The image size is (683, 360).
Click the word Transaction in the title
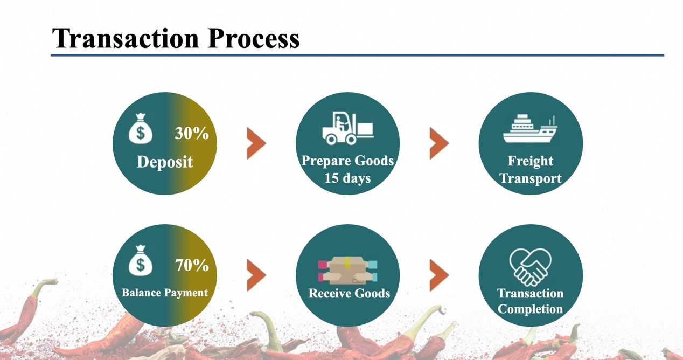point(126,38)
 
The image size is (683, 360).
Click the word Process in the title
point(253,38)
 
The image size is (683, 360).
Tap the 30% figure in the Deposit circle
point(192,133)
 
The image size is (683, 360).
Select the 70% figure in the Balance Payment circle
point(192,265)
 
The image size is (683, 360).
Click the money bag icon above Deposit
point(140,128)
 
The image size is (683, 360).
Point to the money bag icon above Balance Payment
point(140,260)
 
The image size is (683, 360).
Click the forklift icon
point(348,128)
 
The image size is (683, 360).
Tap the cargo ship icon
point(530,129)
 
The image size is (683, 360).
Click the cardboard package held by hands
point(347,271)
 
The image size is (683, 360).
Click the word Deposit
point(165,162)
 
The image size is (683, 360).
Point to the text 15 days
point(347,178)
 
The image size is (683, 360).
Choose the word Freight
point(530,161)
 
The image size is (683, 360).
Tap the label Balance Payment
point(165,293)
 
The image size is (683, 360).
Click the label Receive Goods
point(349,293)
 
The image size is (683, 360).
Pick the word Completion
point(530,309)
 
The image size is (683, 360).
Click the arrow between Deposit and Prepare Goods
point(256,143)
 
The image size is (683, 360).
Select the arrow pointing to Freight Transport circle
point(439,143)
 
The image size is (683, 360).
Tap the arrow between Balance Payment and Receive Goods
point(256,275)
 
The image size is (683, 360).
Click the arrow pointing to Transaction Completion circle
point(439,275)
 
